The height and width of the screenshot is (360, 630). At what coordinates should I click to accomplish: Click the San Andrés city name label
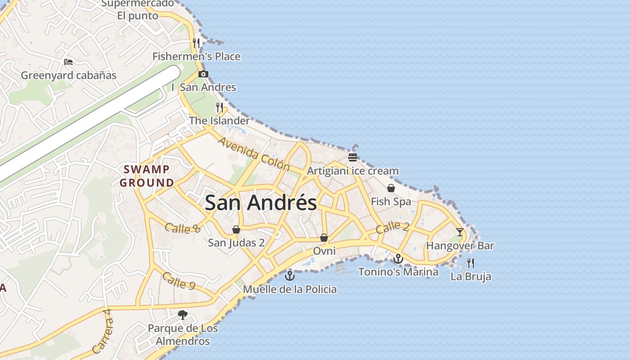pos(261,202)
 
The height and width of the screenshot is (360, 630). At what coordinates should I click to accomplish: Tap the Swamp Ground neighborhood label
pos(147,176)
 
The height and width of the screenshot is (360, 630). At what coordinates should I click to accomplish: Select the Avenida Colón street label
pos(254,154)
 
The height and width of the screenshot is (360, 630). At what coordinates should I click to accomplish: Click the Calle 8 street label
pos(182,228)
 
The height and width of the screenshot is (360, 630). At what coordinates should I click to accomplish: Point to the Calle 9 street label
pos(179,281)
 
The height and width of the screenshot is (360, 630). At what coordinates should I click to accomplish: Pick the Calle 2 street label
pos(392,227)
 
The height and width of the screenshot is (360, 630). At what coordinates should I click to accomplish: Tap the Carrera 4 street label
pos(101,332)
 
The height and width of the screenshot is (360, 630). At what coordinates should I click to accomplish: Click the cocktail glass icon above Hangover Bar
pos(459,232)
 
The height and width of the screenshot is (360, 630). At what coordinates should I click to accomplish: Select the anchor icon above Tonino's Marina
pos(398,259)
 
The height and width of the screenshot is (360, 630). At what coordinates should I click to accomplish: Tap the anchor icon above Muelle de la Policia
pos(290,275)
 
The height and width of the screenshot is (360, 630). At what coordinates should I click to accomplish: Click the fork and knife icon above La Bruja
pos(471,263)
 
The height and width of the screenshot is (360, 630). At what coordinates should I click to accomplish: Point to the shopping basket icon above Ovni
pos(324,238)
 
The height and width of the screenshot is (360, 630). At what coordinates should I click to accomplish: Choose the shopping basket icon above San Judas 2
pos(236,229)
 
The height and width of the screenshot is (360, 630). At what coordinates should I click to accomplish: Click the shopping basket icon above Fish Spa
pos(391,188)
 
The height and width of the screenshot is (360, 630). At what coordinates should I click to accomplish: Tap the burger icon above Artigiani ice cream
pos(353,157)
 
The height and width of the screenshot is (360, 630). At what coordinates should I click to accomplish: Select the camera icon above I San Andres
pos(203,74)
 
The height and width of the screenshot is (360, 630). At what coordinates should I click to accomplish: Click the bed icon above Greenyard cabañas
pos(68,62)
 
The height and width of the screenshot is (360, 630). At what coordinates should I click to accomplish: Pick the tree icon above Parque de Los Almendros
pos(183,315)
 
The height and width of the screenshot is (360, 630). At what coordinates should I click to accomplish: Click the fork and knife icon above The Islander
pos(220,107)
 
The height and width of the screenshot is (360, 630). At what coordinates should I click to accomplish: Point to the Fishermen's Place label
pos(196,57)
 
